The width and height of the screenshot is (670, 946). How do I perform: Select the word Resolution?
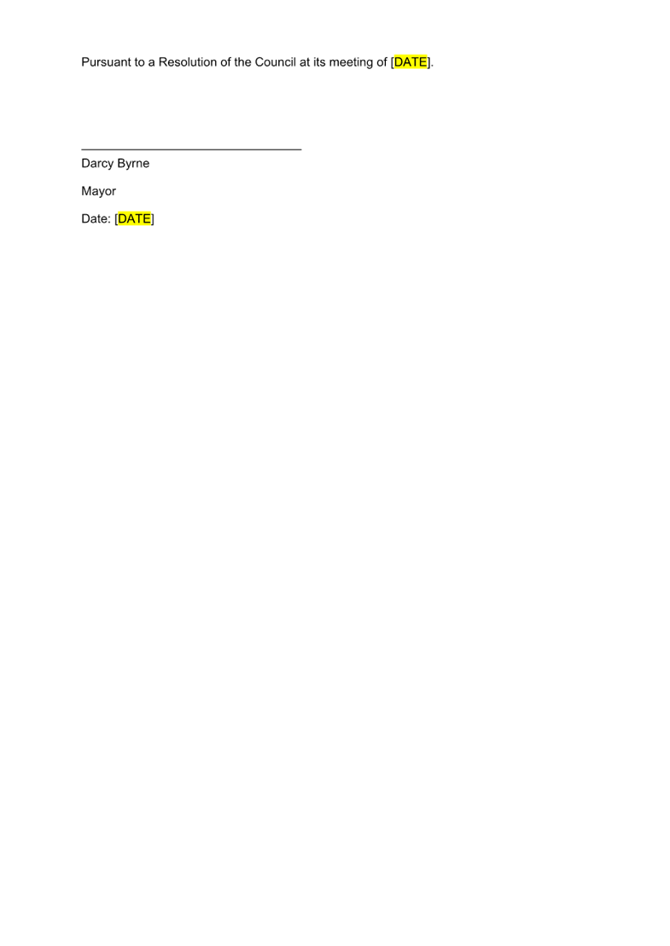187,62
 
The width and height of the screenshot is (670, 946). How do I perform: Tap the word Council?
275,62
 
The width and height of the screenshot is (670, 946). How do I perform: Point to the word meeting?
351,62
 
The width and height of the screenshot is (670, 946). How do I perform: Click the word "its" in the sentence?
319,62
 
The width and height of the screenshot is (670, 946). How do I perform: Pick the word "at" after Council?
305,62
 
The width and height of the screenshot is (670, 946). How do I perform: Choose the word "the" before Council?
242,62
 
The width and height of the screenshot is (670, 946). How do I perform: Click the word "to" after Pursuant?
139,62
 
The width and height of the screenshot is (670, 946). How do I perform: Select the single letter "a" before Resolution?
151,62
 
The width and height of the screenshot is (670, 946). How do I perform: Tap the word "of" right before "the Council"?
225,62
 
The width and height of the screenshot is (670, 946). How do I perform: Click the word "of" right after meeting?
382,62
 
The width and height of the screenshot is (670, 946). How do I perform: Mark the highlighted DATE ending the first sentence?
411,62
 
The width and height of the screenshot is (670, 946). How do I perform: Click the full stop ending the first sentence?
433,65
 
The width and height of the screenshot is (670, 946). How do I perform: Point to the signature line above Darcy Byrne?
191,149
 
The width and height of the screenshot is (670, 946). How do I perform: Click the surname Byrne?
133,163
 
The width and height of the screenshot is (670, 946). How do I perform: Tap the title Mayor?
99,191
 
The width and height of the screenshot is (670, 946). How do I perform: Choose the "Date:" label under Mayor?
96,219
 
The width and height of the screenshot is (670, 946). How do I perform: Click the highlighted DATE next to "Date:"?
135,219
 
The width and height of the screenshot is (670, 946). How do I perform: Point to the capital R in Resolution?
163,62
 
